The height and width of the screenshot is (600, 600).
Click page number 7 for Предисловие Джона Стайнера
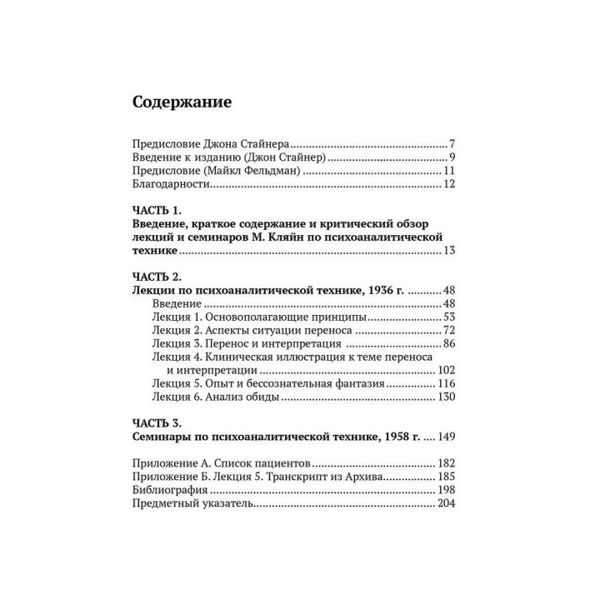[451, 142]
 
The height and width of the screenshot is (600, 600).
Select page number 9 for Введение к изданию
[451, 157]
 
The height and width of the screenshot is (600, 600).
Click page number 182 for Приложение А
[443, 462]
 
